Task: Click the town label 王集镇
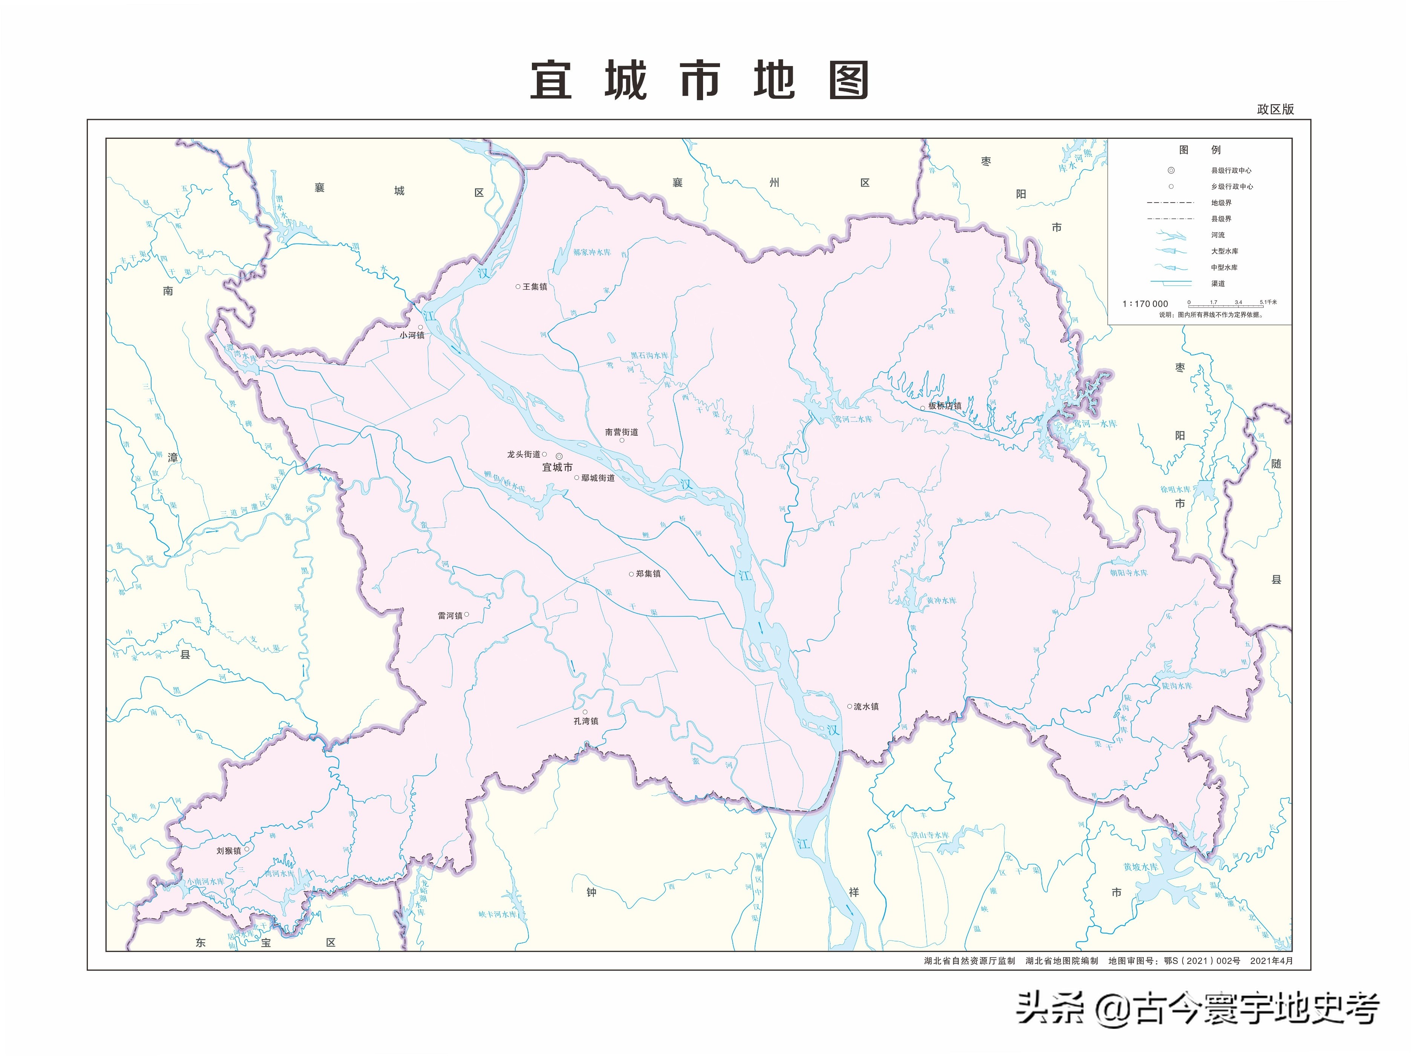coord(535,287)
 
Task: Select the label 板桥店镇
coord(945,406)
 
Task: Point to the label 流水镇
coord(866,706)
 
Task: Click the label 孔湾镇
coord(585,721)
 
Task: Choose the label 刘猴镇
coord(228,850)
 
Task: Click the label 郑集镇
coord(648,574)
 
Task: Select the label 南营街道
coord(621,432)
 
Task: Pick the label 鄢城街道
coord(598,478)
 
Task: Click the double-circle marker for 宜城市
coord(559,456)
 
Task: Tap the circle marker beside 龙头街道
coord(544,454)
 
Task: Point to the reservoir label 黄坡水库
coord(1141,867)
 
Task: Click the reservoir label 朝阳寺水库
coord(1128,573)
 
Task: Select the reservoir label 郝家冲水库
coord(591,253)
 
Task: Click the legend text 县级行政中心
coord(1231,170)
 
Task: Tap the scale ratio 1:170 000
coord(1145,304)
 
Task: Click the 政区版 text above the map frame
coord(1275,109)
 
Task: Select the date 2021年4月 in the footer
coord(1271,960)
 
